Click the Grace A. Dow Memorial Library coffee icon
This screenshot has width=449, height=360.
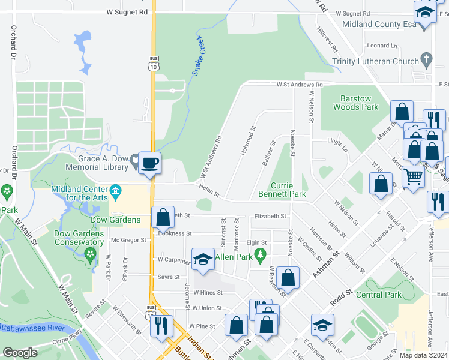[x=149, y=162]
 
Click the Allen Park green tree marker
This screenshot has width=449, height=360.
[x=260, y=257]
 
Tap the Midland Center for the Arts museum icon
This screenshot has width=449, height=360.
[x=116, y=191]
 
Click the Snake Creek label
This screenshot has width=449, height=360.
[x=199, y=55]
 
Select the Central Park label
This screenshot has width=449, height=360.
[x=378, y=295]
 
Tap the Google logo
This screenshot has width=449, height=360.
[x=20, y=353]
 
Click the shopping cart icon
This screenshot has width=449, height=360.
[x=413, y=177]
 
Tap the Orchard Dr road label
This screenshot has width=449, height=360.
[x=13, y=42]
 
